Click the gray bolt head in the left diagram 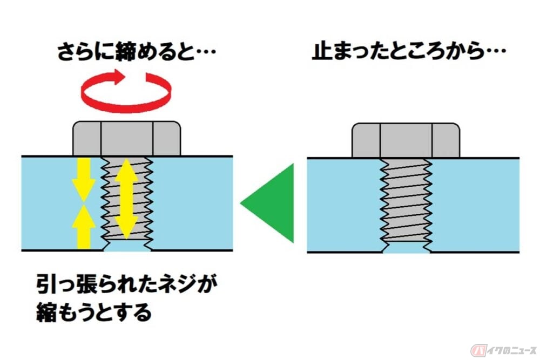(127, 139)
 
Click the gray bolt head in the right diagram (406, 140)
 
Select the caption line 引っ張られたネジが (130, 284)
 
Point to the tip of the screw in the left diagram (127, 247)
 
